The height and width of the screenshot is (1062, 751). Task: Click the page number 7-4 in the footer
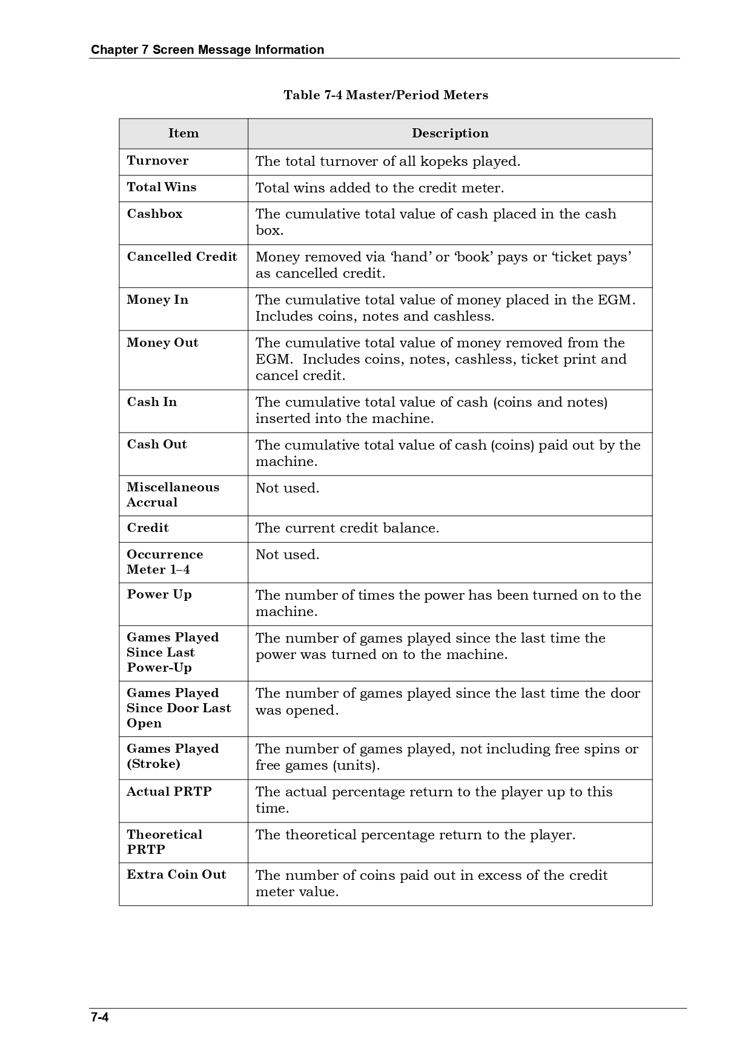[x=99, y=1017]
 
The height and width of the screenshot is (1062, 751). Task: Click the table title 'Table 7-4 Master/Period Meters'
[x=386, y=95]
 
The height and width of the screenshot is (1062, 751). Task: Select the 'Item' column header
[x=183, y=133]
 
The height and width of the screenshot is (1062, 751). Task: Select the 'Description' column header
[x=450, y=133]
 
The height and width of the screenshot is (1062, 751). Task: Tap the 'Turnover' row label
[x=157, y=160]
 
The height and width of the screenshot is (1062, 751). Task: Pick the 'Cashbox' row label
[x=154, y=214]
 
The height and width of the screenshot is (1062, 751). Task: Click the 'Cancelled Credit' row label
[x=182, y=257]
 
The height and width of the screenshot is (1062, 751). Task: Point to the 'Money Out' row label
[x=162, y=343]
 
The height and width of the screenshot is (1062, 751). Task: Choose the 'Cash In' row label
[x=151, y=402]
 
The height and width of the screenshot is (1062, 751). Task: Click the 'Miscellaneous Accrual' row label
[x=173, y=494]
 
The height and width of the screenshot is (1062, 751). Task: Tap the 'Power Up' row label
[x=159, y=594]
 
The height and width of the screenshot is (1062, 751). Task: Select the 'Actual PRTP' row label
[x=169, y=792]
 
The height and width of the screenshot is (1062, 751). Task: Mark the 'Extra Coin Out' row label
[x=176, y=874]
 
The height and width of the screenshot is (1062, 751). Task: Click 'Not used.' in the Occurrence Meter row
[x=287, y=554]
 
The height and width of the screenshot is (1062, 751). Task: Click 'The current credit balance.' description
[x=347, y=528]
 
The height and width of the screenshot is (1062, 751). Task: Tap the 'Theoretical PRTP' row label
[x=164, y=842]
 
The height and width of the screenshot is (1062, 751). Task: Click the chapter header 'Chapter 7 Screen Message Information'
[x=207, y=50]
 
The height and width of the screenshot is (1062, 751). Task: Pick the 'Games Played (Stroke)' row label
[x=172, y=756]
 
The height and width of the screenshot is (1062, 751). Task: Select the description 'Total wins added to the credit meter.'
[x=380, y=188]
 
